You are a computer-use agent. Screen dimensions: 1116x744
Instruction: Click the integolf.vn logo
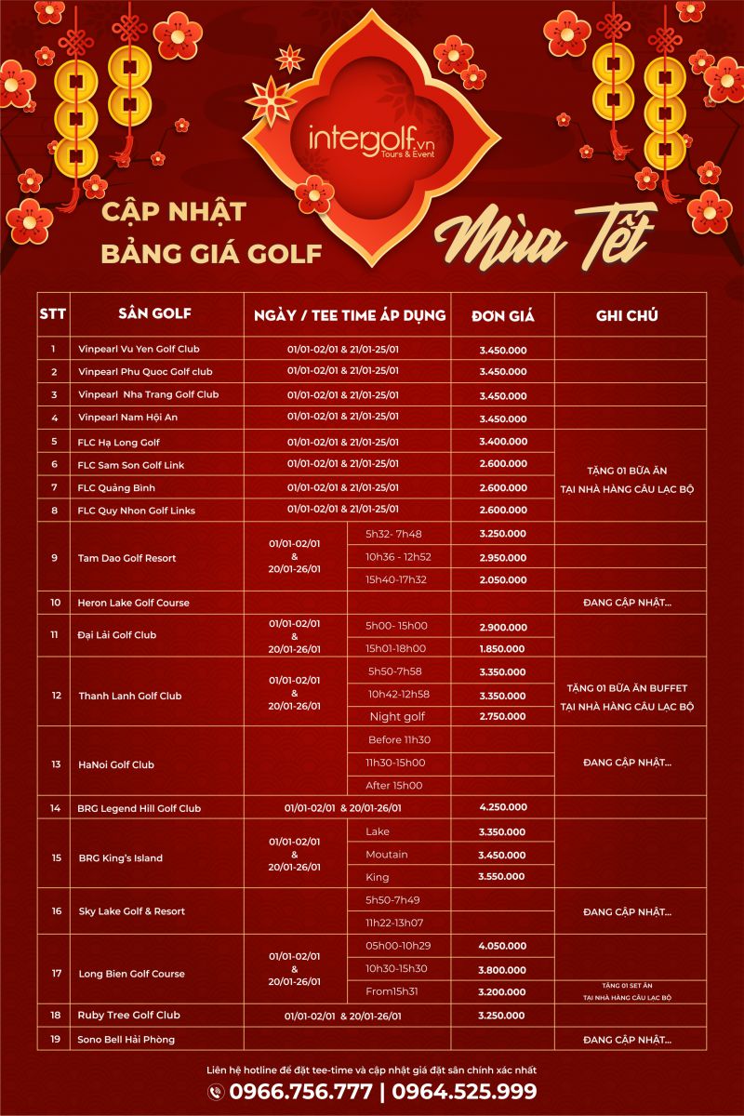click(371, 139)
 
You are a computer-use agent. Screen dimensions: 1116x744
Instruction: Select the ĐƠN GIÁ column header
click(502, 315)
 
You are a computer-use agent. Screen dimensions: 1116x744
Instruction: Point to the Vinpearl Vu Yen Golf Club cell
click(139, 349)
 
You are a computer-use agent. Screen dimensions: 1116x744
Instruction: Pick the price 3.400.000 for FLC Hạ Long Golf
click(503, 442)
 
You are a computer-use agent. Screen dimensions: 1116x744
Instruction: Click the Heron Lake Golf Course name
click(133, 603)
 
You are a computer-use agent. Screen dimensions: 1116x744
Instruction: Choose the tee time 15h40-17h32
click(397, 579)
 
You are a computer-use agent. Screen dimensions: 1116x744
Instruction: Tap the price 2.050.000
click(503, 579)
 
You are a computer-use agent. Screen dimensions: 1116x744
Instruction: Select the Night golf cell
click(397, 716)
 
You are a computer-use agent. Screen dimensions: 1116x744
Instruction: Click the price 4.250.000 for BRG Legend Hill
click(503, 807)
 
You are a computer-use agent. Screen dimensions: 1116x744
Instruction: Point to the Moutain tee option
click(387, 854)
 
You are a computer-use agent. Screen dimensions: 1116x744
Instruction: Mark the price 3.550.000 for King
click(503, 877)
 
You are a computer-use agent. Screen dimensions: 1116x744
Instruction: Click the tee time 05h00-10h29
click(397, 945)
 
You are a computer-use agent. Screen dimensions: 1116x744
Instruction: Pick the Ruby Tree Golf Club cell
click(129, 1015)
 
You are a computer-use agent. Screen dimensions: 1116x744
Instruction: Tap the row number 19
click(55, 1038)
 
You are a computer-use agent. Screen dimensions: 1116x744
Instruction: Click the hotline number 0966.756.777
click(301, 1092)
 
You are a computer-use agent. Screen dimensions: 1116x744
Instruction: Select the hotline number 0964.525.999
click(464, 1092)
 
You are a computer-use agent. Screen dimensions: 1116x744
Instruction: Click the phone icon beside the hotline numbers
click(216, 1092)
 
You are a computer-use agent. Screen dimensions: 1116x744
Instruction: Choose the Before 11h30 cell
click(398, 739)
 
